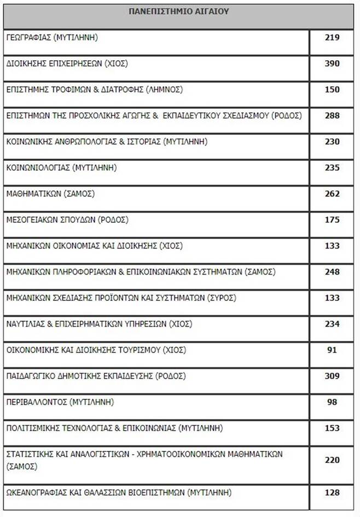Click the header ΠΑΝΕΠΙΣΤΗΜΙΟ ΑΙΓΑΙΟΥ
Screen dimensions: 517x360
click(x=179, y=10)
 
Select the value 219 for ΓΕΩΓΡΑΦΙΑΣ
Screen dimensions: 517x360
click(x=332, y=37)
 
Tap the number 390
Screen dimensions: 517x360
click(x=332, y=63)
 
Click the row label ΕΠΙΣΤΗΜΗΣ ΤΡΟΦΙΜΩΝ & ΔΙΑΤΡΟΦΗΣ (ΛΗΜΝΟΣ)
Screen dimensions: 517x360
click(x=94, y=89)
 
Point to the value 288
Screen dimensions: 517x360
click(x=332, y=115)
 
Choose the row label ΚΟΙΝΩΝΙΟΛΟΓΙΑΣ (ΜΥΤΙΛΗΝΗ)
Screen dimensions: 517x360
click(x=61, y=167)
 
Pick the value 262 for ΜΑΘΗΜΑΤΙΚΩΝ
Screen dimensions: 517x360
click(x=332, y=194)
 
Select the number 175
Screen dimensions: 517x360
click(x=332, y=220)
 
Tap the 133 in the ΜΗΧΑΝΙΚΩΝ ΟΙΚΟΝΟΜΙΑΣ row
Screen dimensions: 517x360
click(x=332, y=246)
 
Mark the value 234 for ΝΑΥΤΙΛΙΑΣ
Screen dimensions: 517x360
click(x=332, y=324)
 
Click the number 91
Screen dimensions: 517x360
click(x=332, y=350)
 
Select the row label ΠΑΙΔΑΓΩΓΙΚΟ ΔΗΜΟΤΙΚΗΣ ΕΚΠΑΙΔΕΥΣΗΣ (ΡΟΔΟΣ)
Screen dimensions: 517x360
click(x=96, y=376)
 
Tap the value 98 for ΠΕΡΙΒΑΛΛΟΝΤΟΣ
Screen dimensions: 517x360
click(x=332, y=402)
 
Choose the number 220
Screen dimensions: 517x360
click(x=332, y=460)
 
